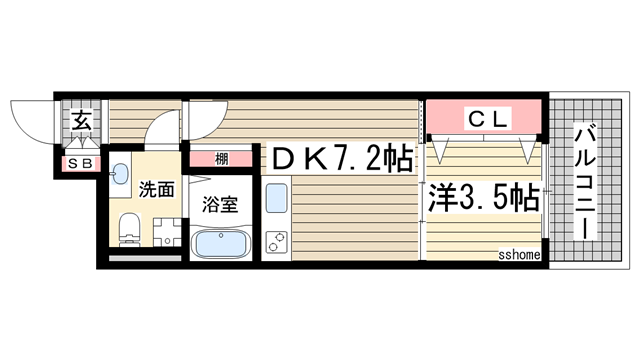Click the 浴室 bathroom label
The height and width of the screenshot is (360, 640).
pyautogui.click(x=220, y=204)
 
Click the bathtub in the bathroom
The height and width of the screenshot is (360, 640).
pyautogui.click(x=220, y=243)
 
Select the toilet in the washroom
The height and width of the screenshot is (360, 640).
pyautogui.click(x=127, y=229)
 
